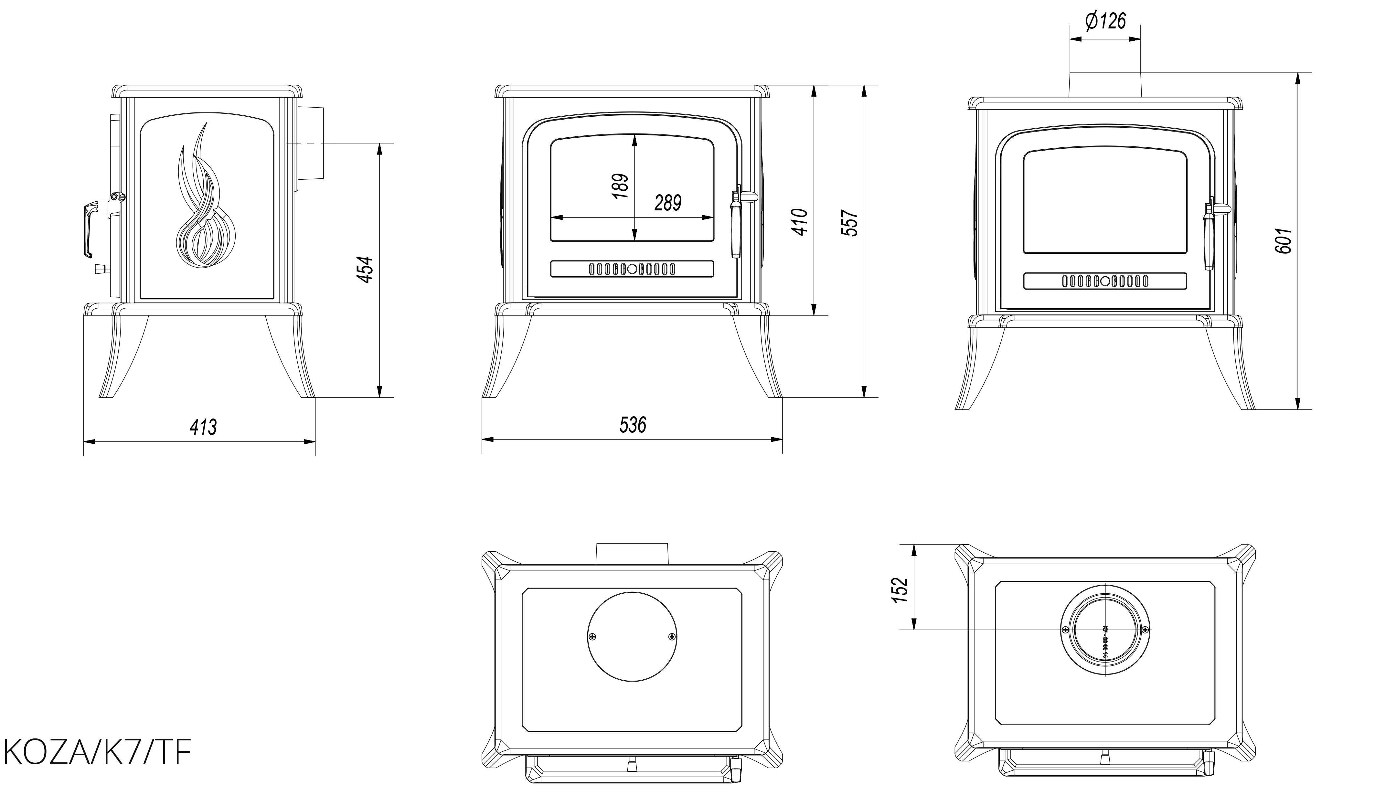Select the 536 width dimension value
pyautogui.click(x=633, y=425)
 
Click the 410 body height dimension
pyautogui.click(x=800, y=222)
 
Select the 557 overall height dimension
pyautogui.click(x=850, y=223)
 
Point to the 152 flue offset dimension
pyautogui.click(x=899, y=590)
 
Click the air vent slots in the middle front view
pyautogui.click(x=632, y=269)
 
